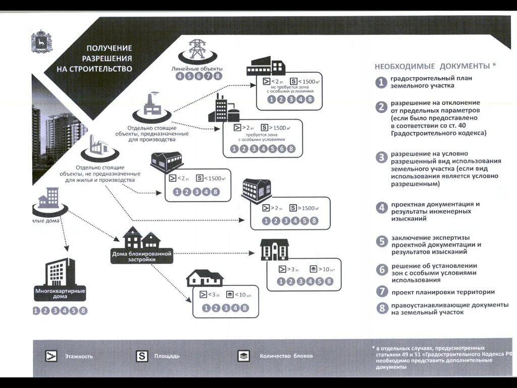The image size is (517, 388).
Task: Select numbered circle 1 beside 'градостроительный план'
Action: coord(382,82)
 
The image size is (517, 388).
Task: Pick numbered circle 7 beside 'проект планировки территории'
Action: coord(382,292)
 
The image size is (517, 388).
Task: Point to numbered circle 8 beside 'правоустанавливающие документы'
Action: coord(382,308)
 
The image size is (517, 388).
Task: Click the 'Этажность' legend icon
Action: coord(51,356)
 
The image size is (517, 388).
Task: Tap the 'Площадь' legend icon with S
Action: coord(142,356)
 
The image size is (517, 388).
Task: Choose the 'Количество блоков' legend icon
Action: coord(243,356)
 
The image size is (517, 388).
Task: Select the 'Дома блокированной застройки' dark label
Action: coord(142,256)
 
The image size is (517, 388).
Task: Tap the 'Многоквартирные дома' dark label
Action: coord(60,294)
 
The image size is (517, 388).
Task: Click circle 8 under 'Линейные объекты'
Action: coord(218,76)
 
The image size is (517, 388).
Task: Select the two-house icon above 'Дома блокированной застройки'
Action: coord(141,237)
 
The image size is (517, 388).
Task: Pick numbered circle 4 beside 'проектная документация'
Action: coord(382,208)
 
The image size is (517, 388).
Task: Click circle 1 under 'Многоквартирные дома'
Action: coord(36,310)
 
